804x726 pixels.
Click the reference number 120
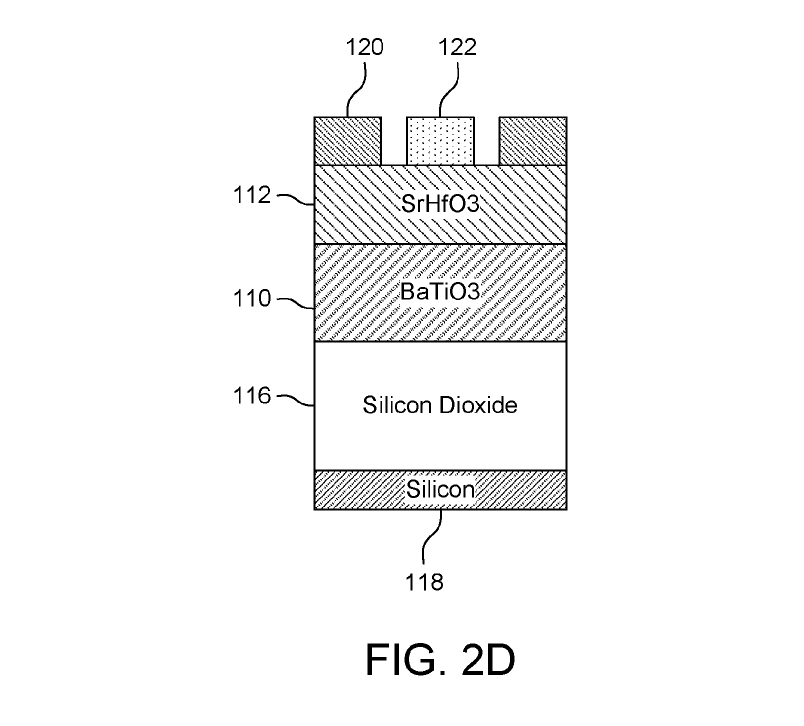click(x=365, y=47)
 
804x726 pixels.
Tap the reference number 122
click(x=457, y=47)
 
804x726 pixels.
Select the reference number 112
click(x=252, y=195)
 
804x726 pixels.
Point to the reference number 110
click(x=252, y=299)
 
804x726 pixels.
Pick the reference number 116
click(x=252, y=396)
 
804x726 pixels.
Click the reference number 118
click(x=424, y=582)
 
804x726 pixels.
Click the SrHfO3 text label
click(x=440, y=204)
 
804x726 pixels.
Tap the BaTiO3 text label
click(x=440, y=292)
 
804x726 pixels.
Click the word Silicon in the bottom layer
click(x=440, y=489)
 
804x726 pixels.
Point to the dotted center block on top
click(x=440, y=141)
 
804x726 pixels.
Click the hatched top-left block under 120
click(x=347, y=141)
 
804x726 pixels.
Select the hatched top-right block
click(x=533, y=141)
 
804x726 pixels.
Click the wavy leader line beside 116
click(x=295, y=400)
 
